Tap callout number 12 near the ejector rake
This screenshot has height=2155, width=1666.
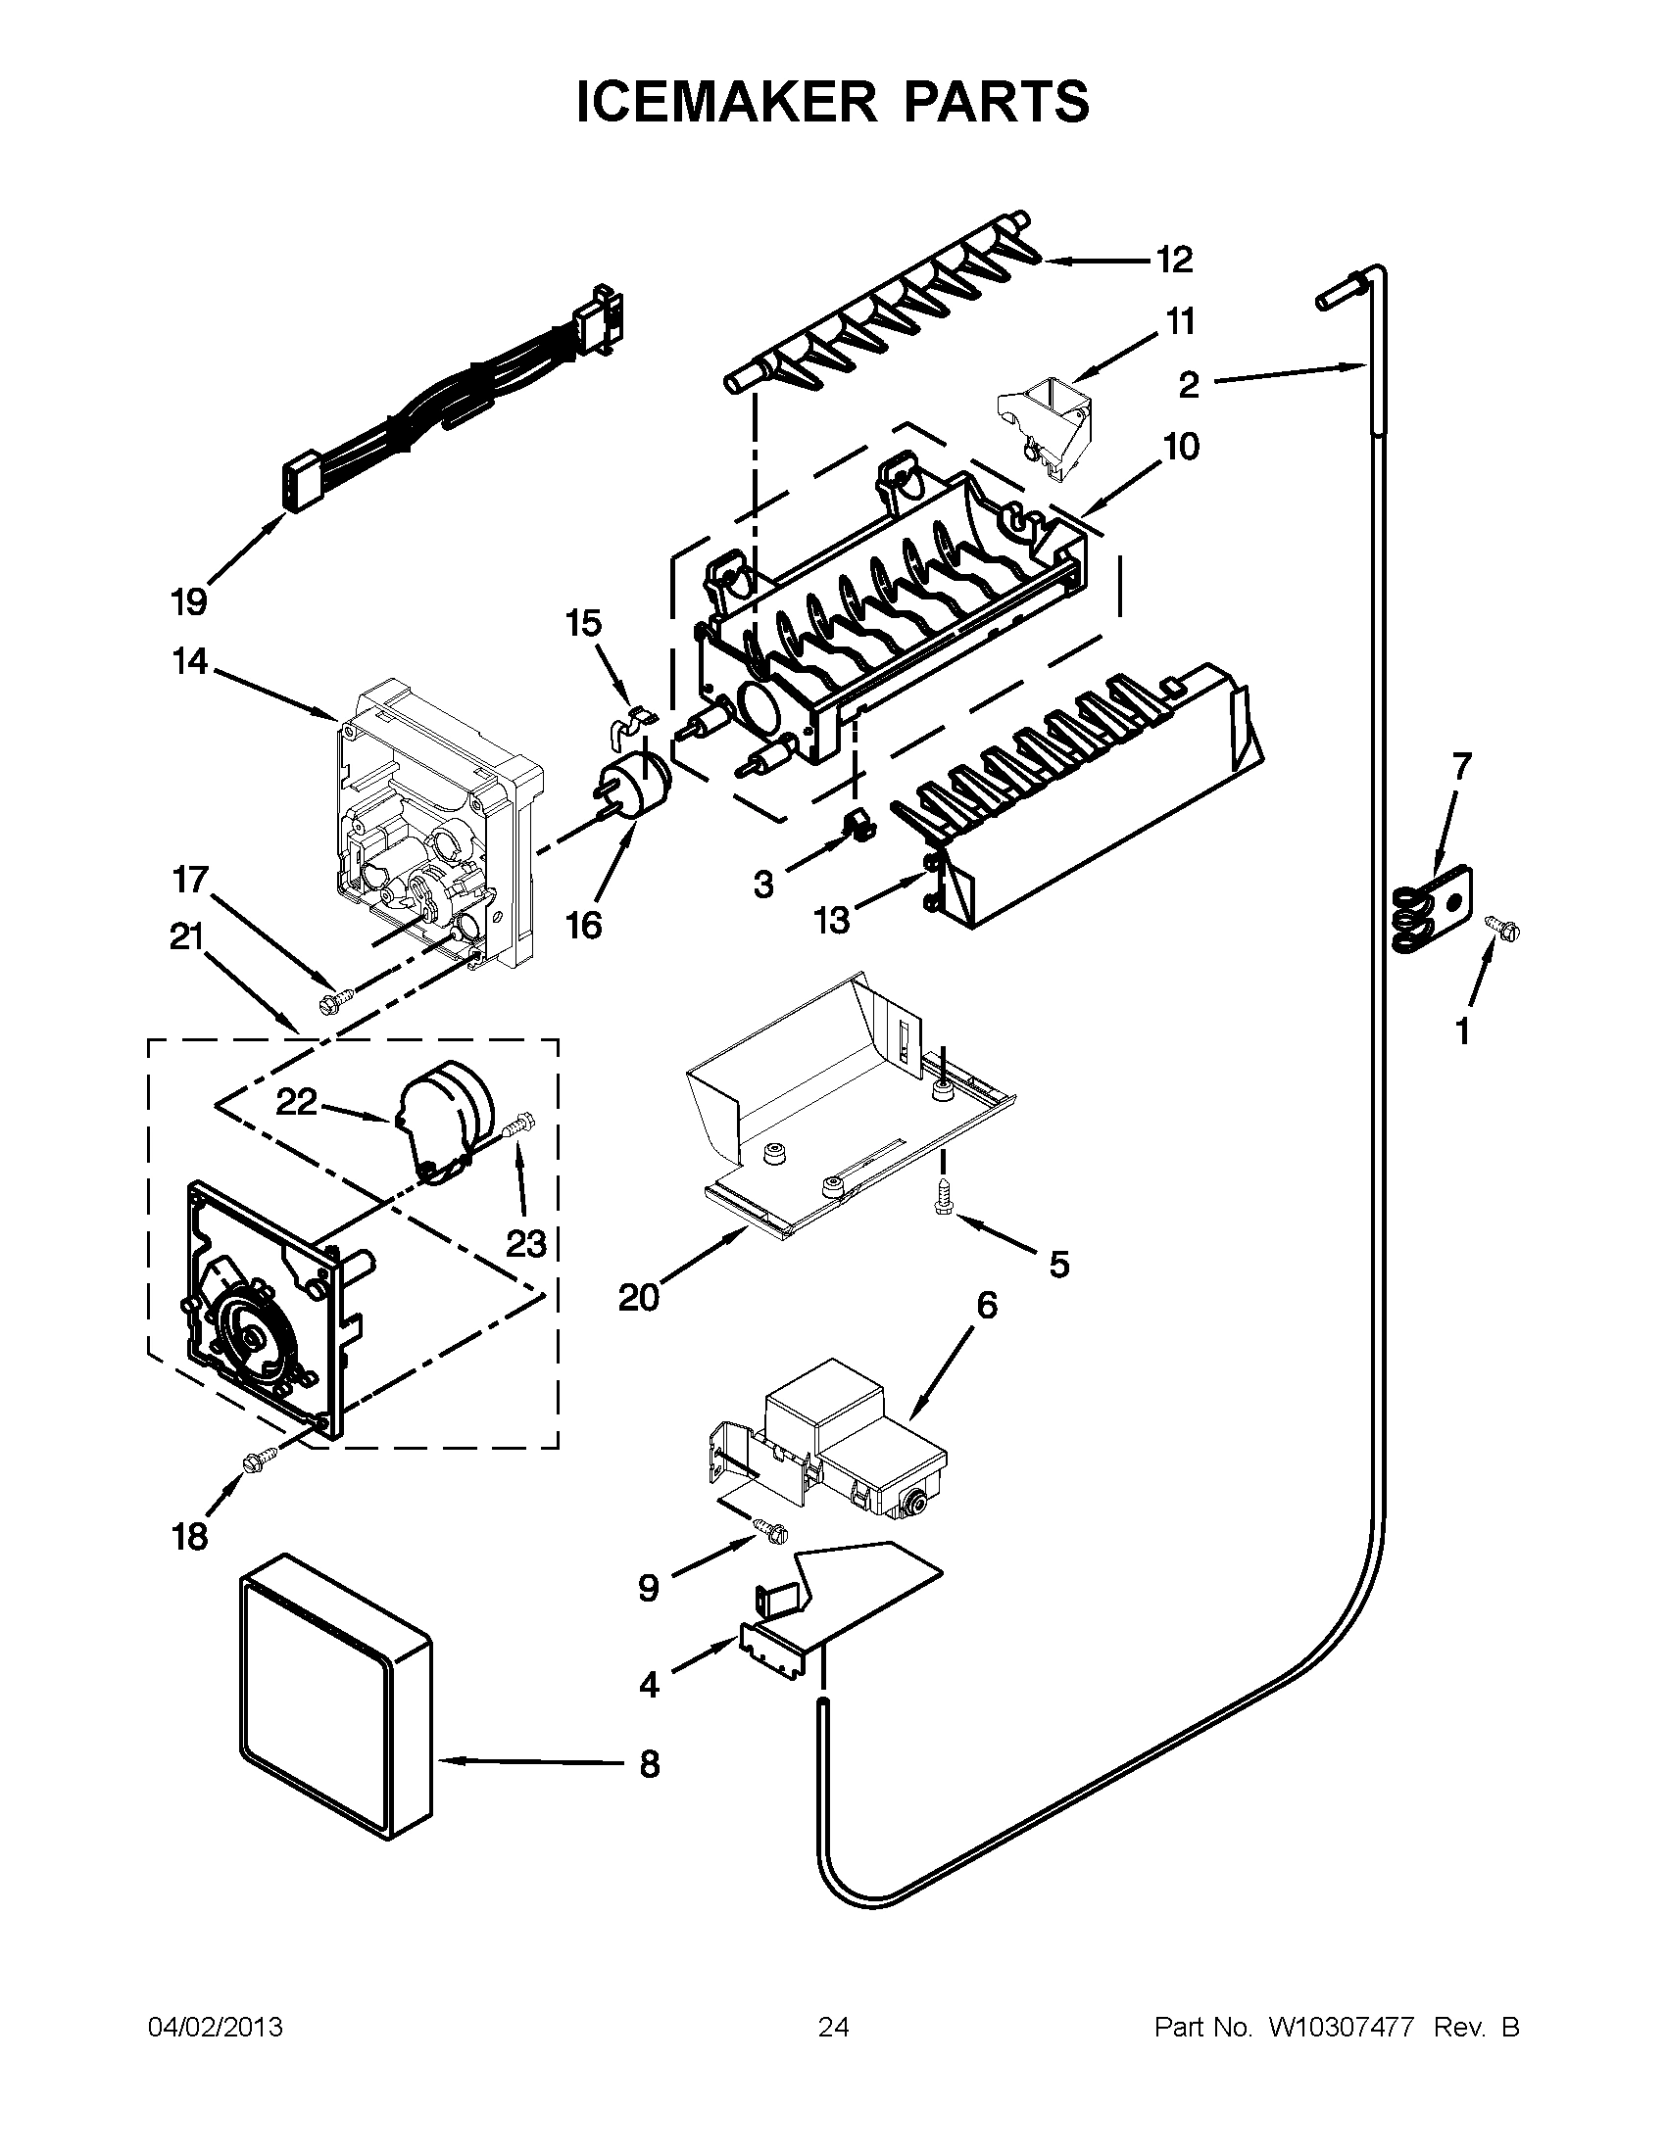pos(1174,261)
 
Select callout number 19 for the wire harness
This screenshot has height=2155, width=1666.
pos(189,599)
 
